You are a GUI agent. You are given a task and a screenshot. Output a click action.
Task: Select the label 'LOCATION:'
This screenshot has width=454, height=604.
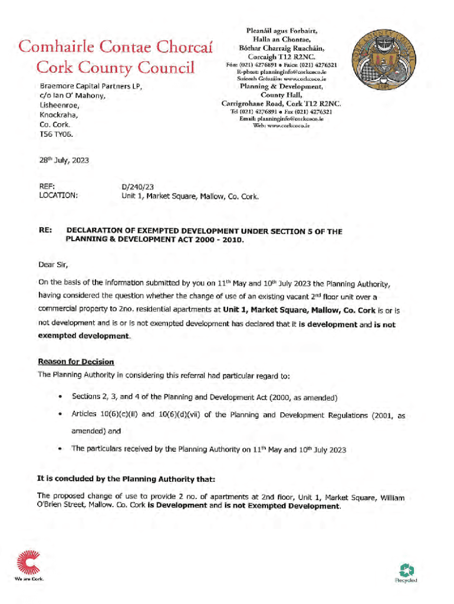coord(58,196)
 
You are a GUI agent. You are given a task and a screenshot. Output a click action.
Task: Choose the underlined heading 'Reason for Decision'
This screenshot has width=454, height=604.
coord(76,362)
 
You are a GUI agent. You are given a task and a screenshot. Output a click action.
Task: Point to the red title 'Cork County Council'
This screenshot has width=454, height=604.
coord(115,68)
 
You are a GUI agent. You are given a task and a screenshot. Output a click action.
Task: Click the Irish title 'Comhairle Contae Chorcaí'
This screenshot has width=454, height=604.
coord(115,45)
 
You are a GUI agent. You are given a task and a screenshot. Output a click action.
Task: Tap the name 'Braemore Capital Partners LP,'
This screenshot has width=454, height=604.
coord(91,86)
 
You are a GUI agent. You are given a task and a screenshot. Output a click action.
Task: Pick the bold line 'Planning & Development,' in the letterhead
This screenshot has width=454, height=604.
coord(281,86)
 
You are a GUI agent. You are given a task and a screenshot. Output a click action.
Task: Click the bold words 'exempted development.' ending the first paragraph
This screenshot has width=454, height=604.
coord(84,336)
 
